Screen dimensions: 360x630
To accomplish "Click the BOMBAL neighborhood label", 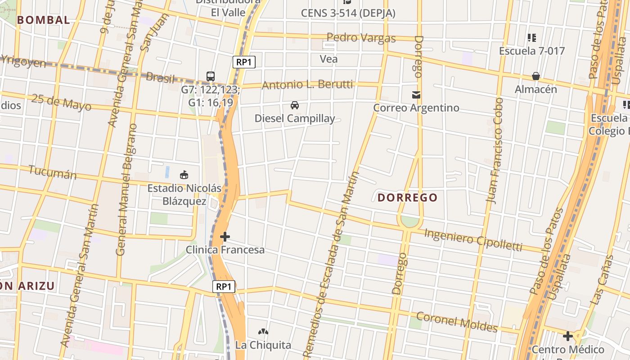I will click(x=44, y=20).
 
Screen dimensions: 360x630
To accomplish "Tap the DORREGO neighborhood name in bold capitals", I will click(x=407, y=198).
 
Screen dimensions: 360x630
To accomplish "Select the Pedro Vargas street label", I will click(x=361, y=38).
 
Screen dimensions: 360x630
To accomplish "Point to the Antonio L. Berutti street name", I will click(x=313, y=85).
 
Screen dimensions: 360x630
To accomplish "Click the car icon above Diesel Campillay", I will click(x=295, y=105).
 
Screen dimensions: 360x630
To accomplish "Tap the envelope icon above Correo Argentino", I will click(x=416, y=95).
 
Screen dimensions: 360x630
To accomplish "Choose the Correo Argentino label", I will click(x=416, y=108).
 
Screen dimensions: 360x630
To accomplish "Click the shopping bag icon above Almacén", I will click(x=535, y=76).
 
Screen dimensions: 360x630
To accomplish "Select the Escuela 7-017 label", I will click(x=531, y=51).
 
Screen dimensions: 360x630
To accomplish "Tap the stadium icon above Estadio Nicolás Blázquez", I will click(x=184, y=175).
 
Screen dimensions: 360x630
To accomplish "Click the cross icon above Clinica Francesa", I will click(x=225, y=237).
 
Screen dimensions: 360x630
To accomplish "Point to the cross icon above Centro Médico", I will click(x=568, y=336).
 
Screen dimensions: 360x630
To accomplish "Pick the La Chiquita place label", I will click(x=263, y=345).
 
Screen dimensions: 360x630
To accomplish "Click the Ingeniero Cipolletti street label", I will click(x=473, y=240).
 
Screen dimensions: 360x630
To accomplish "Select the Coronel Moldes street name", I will click(x=457, y=322).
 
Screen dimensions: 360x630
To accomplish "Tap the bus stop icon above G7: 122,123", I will click(x=210, y=76).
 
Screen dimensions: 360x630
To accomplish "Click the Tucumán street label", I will click(x=53, y=172).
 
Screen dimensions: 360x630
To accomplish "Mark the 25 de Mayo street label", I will click(x=61, y=103).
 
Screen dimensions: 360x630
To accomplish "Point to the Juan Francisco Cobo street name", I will click(x=496, y=151).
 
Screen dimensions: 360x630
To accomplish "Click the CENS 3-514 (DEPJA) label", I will click(x=348, y=13).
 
